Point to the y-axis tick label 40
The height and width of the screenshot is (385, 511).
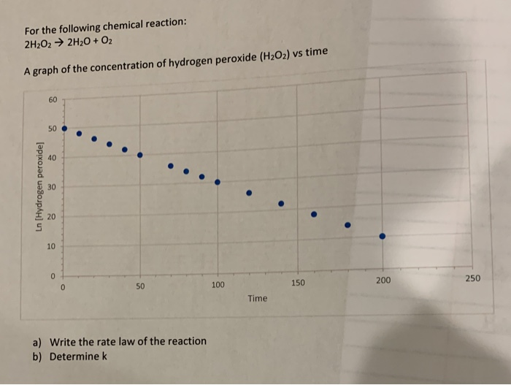pyautogui.click(x=52, y=158)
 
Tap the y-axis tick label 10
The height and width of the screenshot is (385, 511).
pyautogui.click(x=52, y=247)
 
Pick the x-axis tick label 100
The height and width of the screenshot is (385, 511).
pyautogui.click(x=218, y=284)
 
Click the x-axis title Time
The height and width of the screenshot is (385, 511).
pyautogui.click(x=257, y=298)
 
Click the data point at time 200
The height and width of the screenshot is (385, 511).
pyautogui.click(x=382, y=236)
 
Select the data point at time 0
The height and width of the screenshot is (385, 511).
pyautogui.click(x=64, y=129)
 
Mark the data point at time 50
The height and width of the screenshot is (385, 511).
pyautogui.click(x=140, y=155)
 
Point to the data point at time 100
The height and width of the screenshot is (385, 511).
pyautogui.click(x=218, y=182)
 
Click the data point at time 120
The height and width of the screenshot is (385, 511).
pyautogui.click(x=249, y=193)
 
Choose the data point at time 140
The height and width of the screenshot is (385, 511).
pyautogui.click(x=281, y=203)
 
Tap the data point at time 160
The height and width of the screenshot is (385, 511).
pyautogui.click(x=314, y=214)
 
